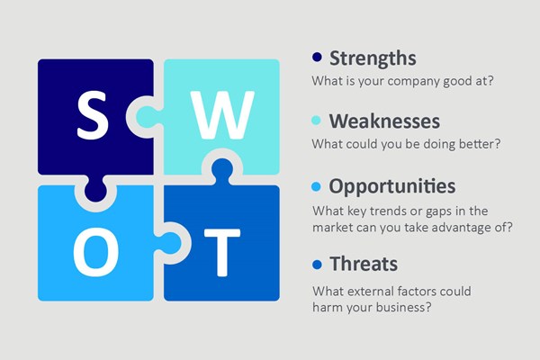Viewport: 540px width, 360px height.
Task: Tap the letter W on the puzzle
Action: click(x=216, y=114)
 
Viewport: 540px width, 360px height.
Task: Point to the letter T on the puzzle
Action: click(x=217, y=245)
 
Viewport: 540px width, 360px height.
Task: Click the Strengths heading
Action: click(x=373, y=58)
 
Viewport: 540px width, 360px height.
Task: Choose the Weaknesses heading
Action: click(x=385, y=121)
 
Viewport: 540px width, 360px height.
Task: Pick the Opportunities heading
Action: click(x=391, y=186)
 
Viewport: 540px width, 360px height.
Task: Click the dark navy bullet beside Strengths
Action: click(x=317, y=58)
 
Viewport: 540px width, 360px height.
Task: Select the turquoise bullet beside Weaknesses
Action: click(x=317, y=121)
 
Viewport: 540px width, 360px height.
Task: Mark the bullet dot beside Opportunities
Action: click(x=317, y=187)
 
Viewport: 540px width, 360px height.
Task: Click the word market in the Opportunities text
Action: click(x=334, y=227)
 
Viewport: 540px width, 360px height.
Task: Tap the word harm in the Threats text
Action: click(x=328, y=309)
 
